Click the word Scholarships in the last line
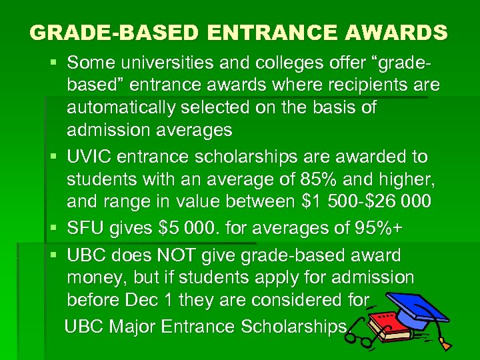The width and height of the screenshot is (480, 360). tap(294, 327)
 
